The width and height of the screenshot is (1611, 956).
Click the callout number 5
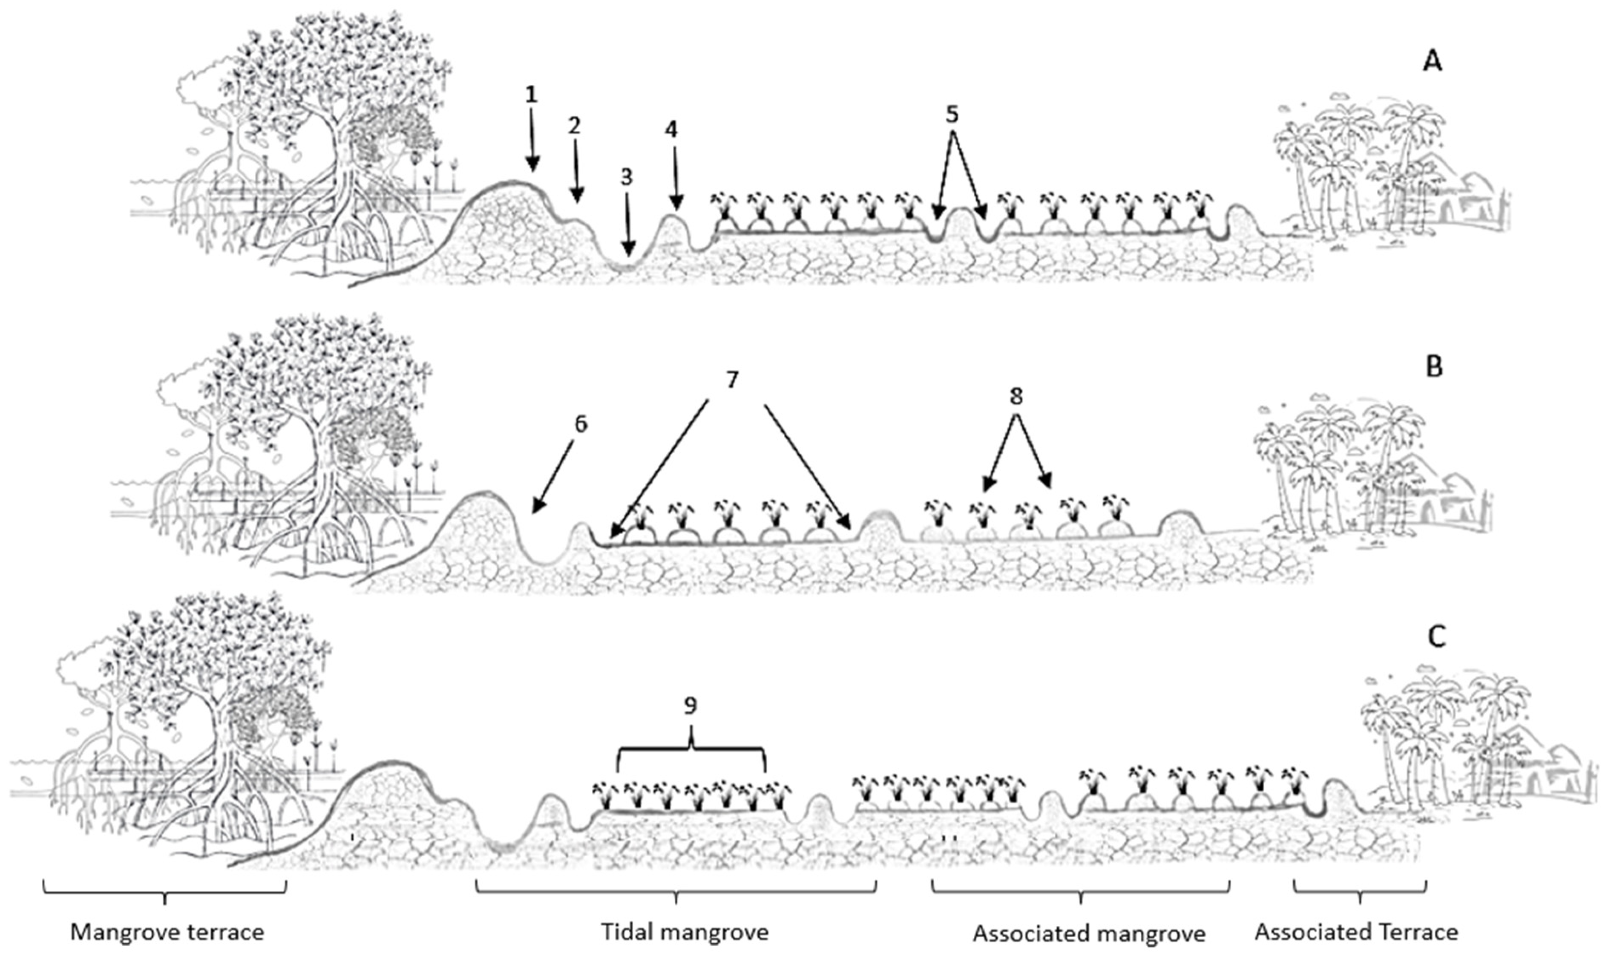click(952, 115)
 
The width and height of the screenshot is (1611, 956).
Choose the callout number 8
click(1016, 397)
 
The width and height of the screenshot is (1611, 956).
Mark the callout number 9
click(690, 706)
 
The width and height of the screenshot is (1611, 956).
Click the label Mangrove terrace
click(167, 932)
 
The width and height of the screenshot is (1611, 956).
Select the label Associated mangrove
click(1089, 933)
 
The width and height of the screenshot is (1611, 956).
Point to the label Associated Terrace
click(1356, 932)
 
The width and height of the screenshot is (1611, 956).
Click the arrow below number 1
click(532, 142)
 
